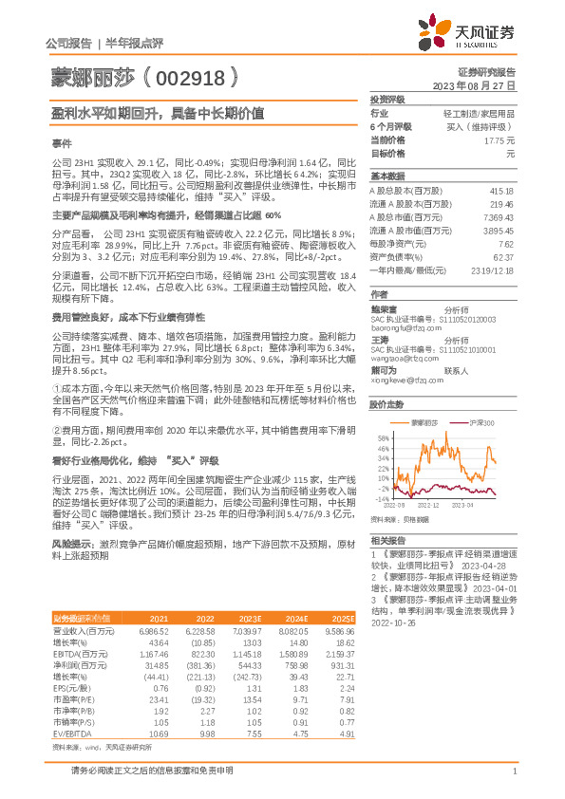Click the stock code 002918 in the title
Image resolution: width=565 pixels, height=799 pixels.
point(198,76)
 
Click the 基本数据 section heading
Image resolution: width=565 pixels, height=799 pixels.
point(387,177)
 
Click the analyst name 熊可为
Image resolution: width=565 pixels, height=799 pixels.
point(383,371)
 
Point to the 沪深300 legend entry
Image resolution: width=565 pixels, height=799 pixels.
point(483,421)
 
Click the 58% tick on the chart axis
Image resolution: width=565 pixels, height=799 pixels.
point(382,438)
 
